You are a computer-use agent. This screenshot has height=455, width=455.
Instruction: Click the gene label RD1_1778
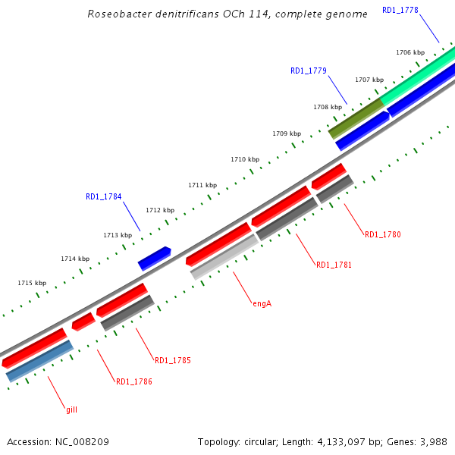point(400,10)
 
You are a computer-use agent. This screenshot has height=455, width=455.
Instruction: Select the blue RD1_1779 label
point(309,71)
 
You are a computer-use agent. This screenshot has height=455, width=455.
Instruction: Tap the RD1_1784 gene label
point(103,196)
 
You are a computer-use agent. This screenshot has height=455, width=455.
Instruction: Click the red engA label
point(262,303)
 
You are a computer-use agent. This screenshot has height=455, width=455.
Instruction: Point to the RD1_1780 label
point(382,234)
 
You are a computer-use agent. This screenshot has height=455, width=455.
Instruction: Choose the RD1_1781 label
point(334,265)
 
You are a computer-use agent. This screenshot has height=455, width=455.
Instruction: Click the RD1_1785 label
point(173,360)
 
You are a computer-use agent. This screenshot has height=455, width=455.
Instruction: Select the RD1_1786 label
point(134,381)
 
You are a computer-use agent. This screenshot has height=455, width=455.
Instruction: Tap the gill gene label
point(71,409)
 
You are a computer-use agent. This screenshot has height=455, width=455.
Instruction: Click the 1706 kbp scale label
point(410,52)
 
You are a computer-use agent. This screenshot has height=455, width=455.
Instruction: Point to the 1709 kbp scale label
point(287,133)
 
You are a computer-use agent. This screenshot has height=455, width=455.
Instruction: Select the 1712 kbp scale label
point(160,210)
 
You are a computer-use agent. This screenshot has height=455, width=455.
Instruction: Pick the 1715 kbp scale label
point(32,283)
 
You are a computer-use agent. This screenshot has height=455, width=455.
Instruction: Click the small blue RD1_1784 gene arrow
point(154,258)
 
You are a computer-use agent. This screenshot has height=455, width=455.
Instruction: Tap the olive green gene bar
point(356,118)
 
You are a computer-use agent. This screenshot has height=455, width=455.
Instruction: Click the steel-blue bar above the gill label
point(39,361)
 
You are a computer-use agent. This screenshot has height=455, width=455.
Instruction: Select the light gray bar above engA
point(224,256)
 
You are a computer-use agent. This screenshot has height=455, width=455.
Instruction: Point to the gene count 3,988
point(432,441)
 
